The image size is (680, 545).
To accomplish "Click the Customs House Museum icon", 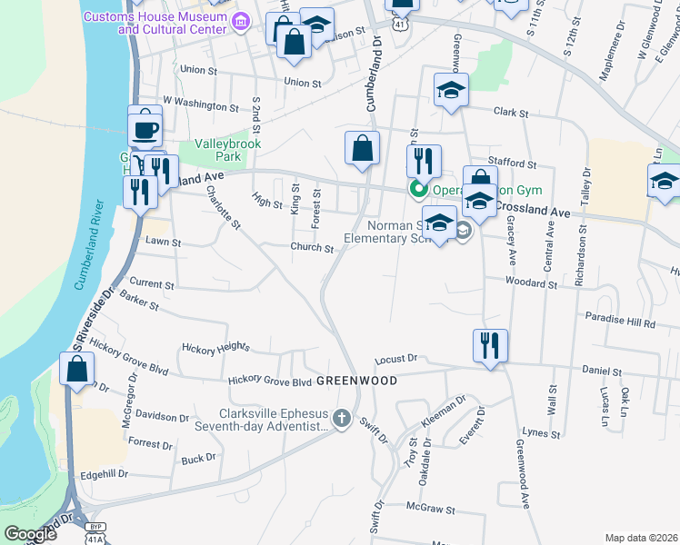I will (x=240, y=25).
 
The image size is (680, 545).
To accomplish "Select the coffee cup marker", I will (x=145, y=128).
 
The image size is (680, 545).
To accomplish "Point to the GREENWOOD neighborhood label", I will (x=356, y=381).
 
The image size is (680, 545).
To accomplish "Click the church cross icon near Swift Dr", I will (x=341, y=419).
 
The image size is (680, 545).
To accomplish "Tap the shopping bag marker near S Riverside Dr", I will (x=76, y=369).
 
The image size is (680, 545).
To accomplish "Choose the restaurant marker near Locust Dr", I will (x=489, y=345).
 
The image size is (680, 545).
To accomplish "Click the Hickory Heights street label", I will (x=215, y=347).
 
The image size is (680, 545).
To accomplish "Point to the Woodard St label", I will (x=532, y=283).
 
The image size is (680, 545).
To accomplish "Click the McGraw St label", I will (x=430, y=507).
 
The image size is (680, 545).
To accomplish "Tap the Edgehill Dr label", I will (x=105, y=474).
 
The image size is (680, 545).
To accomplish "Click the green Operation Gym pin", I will (x=418, y=189).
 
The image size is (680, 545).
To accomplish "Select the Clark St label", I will (x=511, y=113).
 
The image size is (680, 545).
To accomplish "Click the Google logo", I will (x=31, y=534).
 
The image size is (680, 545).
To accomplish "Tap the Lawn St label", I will (x=164, y=243).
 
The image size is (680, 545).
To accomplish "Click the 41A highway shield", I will (x=95, y=539).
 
